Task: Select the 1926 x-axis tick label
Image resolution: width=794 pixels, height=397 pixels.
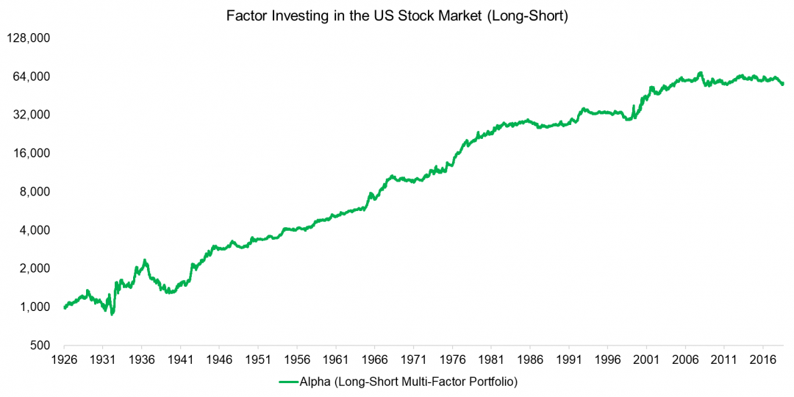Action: tap(64, 360)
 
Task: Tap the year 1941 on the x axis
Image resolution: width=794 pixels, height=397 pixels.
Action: tap(181, 360)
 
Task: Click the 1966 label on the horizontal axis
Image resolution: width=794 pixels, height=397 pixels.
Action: tap(375, 360)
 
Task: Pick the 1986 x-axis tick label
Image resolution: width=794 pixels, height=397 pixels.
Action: tap(530, 360)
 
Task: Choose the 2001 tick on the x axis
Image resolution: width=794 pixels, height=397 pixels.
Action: tap(647, 360)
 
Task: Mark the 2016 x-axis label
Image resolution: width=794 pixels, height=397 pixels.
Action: tap(763, 360)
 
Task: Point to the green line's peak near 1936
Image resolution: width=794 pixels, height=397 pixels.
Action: tap(145, 261)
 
